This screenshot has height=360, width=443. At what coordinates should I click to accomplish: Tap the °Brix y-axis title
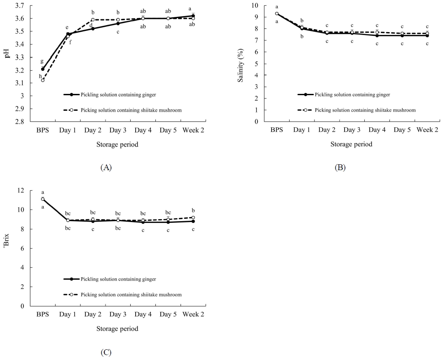[x=7, y=249]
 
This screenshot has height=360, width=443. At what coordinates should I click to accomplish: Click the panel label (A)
[x=106, y=167]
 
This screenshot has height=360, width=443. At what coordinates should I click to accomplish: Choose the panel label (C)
[x=106, y=353]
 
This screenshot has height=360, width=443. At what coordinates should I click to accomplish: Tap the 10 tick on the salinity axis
[x=258, y=5]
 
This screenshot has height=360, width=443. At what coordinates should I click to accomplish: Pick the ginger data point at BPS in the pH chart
[x=43, y=69]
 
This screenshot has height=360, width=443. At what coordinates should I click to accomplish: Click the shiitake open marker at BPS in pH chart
[x=43, y=80]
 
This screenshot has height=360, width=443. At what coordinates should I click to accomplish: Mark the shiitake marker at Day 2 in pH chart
[x=93, y=20]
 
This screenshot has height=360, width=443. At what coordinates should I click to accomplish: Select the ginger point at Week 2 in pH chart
[x=193, y=16]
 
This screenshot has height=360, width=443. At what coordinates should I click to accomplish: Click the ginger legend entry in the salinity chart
[x=352, y=95]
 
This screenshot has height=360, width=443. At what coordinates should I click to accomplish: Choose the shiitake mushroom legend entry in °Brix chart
[x=131, y=295]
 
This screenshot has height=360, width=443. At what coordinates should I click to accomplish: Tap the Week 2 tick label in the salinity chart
[x=427, y=130]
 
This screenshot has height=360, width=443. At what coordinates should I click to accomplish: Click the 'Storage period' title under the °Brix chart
[x=117, y=329]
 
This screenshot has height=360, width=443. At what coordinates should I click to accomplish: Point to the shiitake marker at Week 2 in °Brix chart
[x=193, y=217]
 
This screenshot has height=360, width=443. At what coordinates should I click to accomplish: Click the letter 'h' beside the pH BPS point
[x=40, y=76]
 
